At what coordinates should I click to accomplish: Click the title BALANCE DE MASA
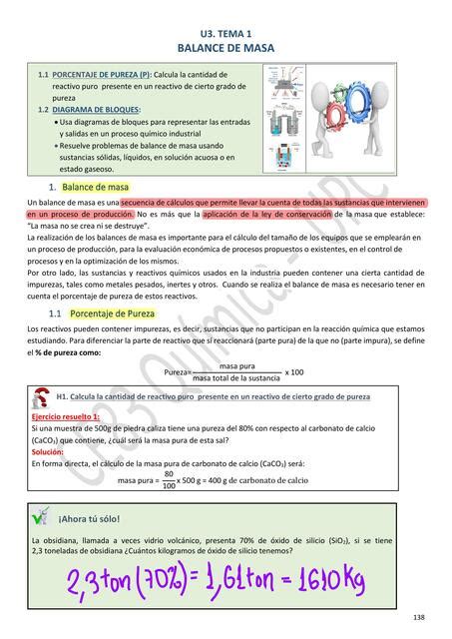tap(225, 47)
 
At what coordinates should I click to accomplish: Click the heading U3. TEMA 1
tap(225, 33)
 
